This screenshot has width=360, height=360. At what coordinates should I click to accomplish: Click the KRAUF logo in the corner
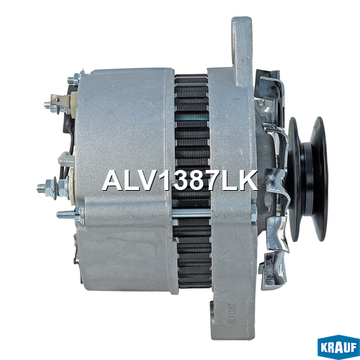(338, 347)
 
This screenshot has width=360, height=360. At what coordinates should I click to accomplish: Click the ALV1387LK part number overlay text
(180, 181)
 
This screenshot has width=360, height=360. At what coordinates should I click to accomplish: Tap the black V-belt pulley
(308, 179)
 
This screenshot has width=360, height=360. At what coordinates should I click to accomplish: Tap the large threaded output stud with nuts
(53, 187)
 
